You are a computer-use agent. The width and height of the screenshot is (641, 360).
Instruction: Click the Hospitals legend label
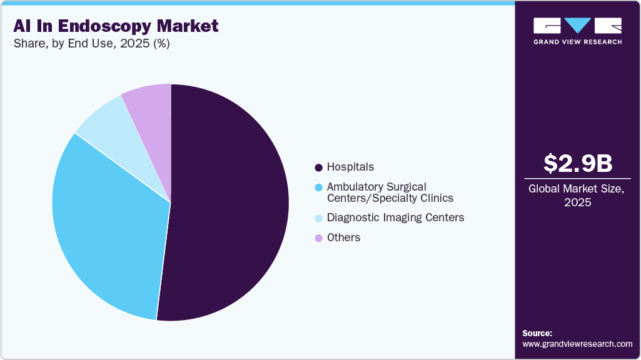tap(350, 167)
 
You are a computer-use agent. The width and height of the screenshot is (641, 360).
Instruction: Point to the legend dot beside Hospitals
tap(319, 167)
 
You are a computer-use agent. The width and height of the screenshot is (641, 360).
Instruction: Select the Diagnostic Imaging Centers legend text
tap(395, 217)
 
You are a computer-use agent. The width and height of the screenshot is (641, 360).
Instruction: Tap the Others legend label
tap(343, 237)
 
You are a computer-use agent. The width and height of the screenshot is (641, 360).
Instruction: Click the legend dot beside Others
tap(319, 238)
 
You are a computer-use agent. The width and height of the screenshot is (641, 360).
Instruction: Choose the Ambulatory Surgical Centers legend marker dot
tap(319, 187)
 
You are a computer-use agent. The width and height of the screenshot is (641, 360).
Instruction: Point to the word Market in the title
tap(191, 26)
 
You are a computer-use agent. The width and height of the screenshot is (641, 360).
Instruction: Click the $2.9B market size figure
tap(577, 164)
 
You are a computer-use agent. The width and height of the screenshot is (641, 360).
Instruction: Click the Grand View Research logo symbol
tap(577, 26)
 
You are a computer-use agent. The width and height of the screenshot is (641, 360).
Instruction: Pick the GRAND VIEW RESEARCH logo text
tap(577, 42)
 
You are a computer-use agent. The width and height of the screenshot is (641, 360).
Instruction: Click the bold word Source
tap(537, 333)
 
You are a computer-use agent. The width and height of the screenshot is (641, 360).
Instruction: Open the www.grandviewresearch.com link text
tap(577, 344)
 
